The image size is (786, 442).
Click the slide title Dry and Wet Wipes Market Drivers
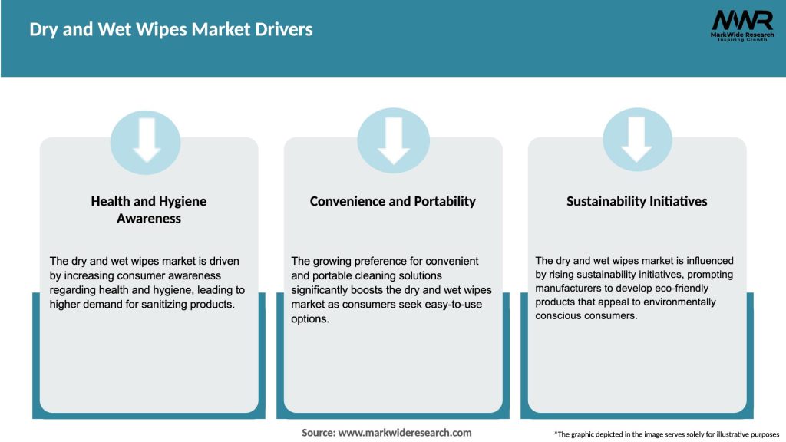pyautogui.click(x=171, y=30)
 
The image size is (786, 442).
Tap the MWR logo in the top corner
pyautogui.click(x=741, y=20)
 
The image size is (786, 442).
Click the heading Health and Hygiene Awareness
pyautogui.click(x=149, y=209)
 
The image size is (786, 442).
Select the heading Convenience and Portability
pyautogui.click(x=392, y=201)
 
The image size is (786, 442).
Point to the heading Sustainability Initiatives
pyautogui.click(x=636, y=201)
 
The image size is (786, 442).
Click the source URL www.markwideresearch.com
pyautogui.click(x=405, y=433)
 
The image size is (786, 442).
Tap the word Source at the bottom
pyautogui.click(x=318, y=433)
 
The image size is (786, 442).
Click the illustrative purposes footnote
pyautogui.click(x=666, y=434)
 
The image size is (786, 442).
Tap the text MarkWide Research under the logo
pyautogui.click(x=741, y=34)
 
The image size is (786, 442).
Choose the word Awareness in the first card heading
pyautogui.click(x=149, y=218)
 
